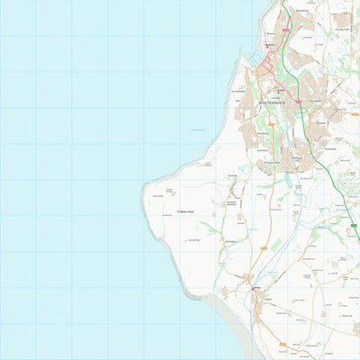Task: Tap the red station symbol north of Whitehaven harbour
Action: [271, 42]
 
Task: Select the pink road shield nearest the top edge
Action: [285, 29]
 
